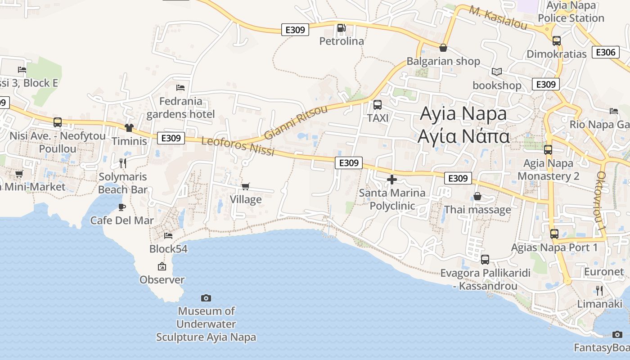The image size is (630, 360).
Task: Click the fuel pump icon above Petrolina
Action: point(341,28)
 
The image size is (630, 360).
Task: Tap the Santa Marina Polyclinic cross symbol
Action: point(392,180)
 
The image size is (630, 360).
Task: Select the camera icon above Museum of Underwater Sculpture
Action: point(206,298)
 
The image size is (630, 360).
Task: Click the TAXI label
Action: point(378,118)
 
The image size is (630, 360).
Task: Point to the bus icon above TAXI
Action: point(378,105)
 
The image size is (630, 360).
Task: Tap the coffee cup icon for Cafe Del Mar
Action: point(121,207)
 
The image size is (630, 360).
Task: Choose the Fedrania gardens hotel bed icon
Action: point(180,88)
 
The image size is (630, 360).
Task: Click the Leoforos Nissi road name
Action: point(238,147)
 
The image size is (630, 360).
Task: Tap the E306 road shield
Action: point(605,52)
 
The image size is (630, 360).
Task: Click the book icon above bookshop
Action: point(497,72)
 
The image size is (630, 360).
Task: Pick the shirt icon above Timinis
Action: point(129,128)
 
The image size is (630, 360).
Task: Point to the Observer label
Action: point(162,280)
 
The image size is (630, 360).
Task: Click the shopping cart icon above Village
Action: point(245,186)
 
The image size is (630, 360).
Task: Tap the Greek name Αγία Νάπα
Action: point(463,136)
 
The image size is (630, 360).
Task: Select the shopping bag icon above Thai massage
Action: point(477,197)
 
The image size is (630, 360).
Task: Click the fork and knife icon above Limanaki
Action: point(599,291)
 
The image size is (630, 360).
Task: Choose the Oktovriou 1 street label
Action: point(601,202)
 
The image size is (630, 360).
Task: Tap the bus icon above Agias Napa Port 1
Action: point(554,234)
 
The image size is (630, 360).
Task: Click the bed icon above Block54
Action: point(168,235)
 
